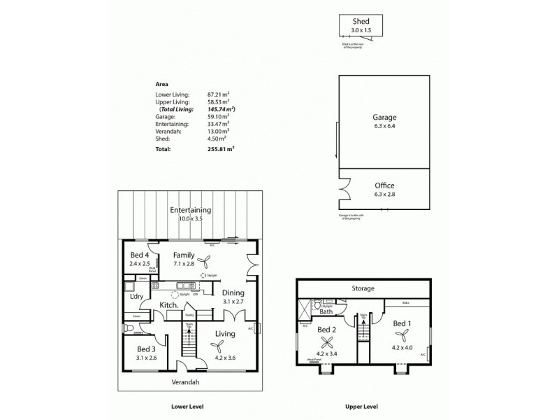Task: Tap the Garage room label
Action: pos(384,117)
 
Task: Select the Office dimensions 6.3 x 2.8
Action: pos(384,194)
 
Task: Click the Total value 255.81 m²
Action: pos(221,149)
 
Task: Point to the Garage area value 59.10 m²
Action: pos(219,117)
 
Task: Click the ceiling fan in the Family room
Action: pos(206,262)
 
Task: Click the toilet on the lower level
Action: pos(129,328)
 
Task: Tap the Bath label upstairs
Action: pos(326,311)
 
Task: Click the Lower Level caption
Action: pos(187,406)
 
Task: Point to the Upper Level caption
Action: pos(362,406)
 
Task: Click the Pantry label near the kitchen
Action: pos(189,316)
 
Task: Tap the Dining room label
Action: pos(233,293)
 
